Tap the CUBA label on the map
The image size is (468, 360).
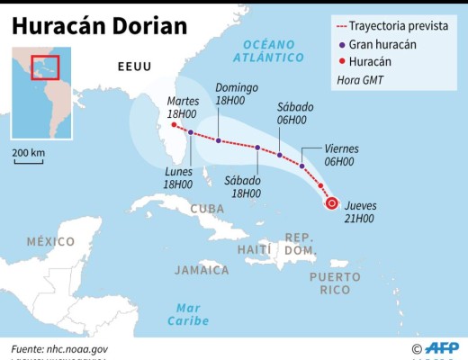pos(208,210)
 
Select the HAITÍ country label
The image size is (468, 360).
pos(255,248)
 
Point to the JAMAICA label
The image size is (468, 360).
pos(202,269)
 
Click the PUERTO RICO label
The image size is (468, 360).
pos(335,283)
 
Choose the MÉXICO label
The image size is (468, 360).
pos(50,241)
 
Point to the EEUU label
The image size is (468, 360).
pos(135,67)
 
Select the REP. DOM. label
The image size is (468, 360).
pos(300,242)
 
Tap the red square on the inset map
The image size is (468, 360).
pos(44,68)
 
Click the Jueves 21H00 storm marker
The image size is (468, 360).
pos(331,203)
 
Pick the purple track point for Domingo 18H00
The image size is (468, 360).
pos(219,140)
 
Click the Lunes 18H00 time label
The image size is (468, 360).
pos(179,177)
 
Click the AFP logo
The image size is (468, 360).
pos(441,347)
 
